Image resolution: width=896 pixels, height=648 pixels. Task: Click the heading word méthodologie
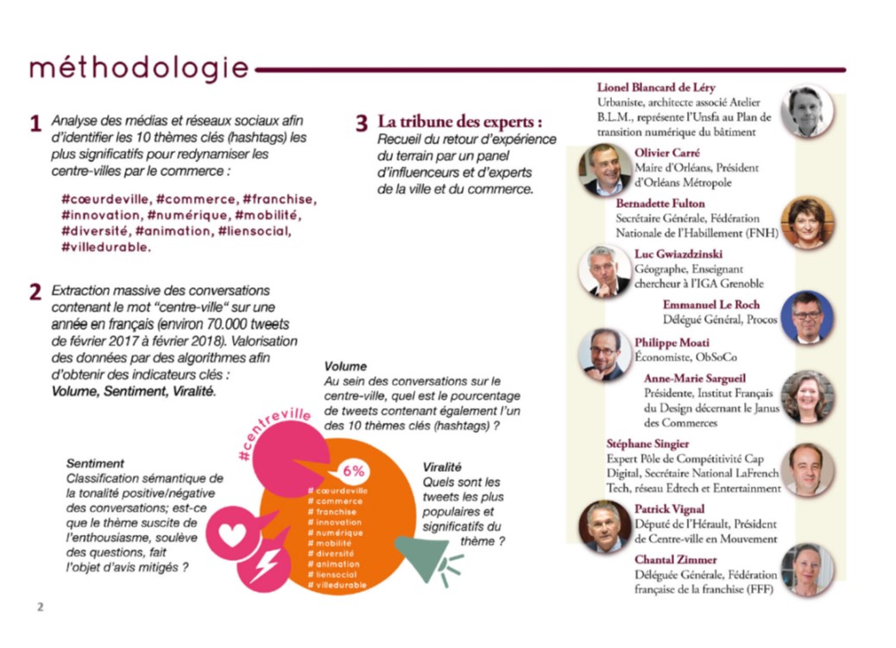138,68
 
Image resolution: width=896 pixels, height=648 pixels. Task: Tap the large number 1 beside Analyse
35,124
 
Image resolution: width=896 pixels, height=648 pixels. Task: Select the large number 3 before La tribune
362,123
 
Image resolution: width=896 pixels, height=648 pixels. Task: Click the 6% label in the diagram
354,472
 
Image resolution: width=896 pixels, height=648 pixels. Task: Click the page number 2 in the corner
39,607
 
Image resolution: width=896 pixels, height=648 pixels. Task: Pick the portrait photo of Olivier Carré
604,169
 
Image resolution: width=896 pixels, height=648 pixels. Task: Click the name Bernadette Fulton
660,204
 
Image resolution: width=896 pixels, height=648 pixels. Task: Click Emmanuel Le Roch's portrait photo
806,318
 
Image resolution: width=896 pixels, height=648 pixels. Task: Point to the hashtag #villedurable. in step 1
106,247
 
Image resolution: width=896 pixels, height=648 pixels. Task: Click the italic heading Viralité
442,467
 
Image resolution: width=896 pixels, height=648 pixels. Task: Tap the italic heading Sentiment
95,463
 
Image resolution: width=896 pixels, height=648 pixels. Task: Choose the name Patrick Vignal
669,509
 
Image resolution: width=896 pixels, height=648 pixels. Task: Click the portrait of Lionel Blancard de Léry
806,111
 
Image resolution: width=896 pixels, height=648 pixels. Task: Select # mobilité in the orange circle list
330,544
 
